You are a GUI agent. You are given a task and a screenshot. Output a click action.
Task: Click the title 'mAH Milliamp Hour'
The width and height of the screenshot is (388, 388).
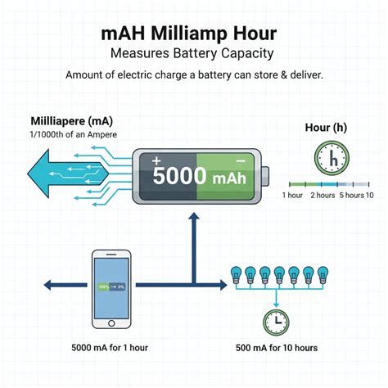tap(194, 35)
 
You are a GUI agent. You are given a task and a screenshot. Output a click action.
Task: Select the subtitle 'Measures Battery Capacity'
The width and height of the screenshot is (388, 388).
tap(194, 54)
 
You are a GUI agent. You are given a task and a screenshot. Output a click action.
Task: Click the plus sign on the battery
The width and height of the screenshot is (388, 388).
tap(157, 161)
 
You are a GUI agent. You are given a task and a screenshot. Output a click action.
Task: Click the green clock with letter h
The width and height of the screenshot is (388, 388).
tap(331, 157)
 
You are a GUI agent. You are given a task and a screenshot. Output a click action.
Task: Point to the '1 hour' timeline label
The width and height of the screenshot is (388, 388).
tap(293, 195)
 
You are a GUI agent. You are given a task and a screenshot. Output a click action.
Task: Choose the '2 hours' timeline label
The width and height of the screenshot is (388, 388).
tap(322, 195)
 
